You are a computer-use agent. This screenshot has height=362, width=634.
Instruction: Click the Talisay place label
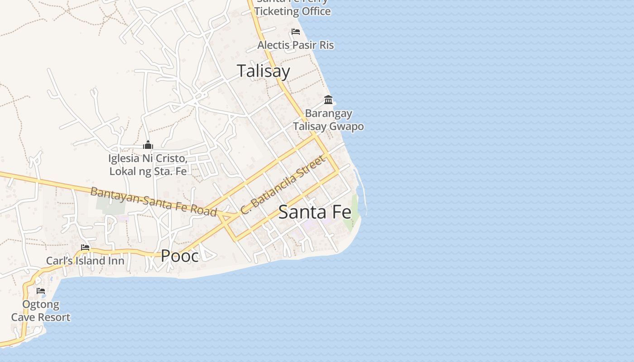pos(263,71)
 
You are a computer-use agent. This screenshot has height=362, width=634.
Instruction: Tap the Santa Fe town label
pos(315,212)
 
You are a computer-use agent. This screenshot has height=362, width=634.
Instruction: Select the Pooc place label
pos(180,256)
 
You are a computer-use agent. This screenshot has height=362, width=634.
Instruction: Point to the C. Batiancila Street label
pos(283,185)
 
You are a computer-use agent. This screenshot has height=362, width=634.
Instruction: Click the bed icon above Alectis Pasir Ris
pos(296,32)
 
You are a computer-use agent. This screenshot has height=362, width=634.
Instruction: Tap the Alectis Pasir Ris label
pos(296,45)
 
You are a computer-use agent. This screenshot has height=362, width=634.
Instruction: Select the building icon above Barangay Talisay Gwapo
pos(328,100)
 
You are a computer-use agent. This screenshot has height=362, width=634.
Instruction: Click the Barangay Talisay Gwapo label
pos(328,119)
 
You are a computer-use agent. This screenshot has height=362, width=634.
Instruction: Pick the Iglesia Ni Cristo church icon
pos(148,145)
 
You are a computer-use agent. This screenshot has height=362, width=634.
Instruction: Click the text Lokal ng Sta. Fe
pos(148,171)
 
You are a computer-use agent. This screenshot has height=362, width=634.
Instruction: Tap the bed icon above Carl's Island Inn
pos(85,248)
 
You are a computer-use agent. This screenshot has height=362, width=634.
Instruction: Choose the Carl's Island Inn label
pos(85,261)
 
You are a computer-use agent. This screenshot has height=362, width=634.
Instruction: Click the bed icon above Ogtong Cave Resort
pos(41,291)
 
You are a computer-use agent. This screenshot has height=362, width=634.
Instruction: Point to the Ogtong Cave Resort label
pos(41,310)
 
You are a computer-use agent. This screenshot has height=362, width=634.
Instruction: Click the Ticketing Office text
pos(293,11)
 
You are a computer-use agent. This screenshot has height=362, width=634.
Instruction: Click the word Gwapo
pos(346,126)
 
